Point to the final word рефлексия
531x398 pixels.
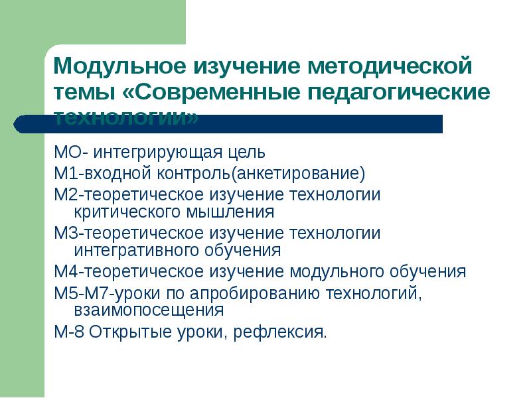coord(281,331)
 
